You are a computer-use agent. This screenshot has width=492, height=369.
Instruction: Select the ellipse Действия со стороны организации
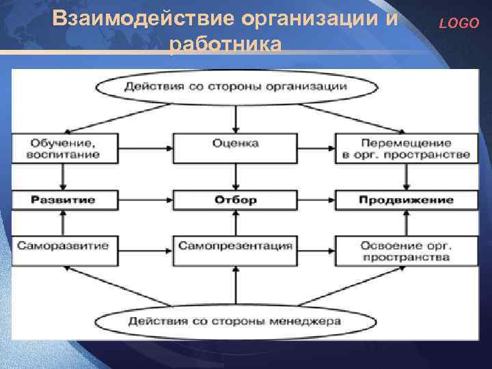point(236,87)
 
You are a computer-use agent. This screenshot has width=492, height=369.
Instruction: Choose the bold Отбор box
point(236,200)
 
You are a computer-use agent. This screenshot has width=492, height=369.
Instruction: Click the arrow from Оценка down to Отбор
point(236,177)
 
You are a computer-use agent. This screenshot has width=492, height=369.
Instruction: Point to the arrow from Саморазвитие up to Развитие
point(64,222)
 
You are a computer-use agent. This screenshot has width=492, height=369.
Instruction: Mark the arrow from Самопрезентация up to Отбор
point(236,222)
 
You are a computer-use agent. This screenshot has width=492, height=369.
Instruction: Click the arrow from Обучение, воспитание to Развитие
point(64,177)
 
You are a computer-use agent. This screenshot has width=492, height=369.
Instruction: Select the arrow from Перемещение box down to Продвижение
point(408,177)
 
